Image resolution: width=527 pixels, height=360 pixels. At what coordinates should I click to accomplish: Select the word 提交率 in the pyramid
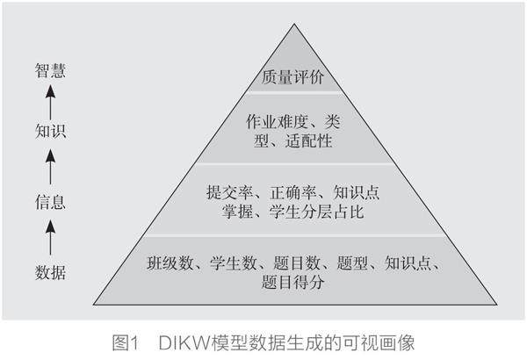227,191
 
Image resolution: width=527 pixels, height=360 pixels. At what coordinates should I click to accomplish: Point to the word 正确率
292,191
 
